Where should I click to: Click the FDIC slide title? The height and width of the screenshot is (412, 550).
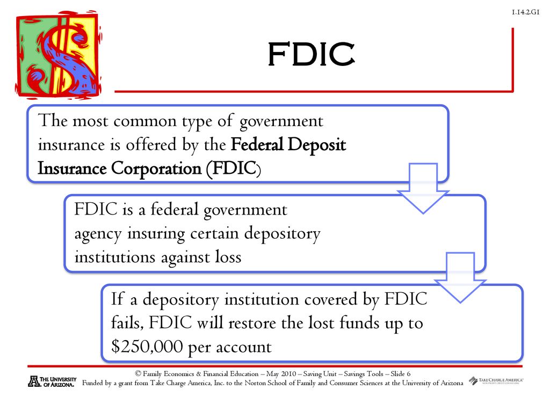(x=311, y=54)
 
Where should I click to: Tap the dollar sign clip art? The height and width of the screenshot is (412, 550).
(x=59, y=55)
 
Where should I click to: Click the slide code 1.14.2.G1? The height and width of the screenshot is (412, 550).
(x=525, y=12)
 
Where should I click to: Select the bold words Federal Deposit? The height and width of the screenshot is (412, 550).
(x=288, y=145)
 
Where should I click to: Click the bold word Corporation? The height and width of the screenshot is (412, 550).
(x=156, y=169)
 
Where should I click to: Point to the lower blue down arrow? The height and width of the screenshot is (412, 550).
(x=460, y=277)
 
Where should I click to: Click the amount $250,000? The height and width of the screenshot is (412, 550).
(x=147, y=347)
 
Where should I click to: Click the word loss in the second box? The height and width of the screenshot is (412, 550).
(x=228, y=257)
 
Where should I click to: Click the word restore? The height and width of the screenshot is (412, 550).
(x=252, y=323)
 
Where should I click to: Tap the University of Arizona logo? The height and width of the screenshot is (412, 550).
(x=52, y=381)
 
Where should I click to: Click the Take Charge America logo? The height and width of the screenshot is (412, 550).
(x=496, y=380)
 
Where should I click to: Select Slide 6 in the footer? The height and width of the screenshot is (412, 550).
(x=400, y=374)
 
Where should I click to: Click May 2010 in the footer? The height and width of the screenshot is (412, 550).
(x=281, y=374)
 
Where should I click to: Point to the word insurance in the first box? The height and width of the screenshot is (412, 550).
(x=71, y=145)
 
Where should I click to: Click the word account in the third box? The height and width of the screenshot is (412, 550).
(x=243, y=348)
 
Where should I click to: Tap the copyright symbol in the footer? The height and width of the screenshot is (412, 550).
(x=138, y=374)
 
